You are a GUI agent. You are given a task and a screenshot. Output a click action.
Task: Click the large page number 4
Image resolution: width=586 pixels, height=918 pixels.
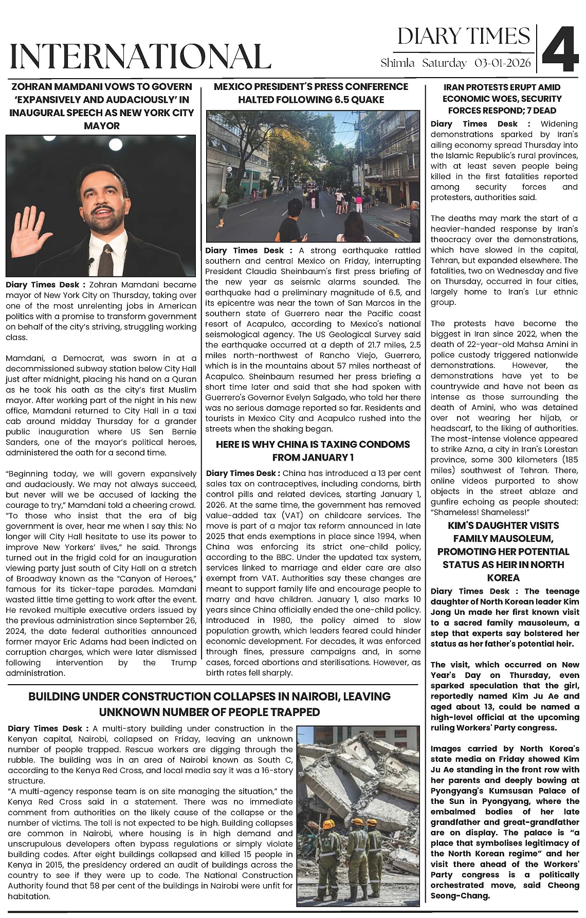click(561, 49)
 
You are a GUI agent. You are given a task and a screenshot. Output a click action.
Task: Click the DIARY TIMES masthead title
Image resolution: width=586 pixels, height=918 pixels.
click(463, 36)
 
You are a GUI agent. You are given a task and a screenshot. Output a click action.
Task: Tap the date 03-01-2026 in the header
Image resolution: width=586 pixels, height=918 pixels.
click(503, 64)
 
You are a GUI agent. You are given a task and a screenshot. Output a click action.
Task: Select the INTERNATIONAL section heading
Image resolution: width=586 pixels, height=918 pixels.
click(140, 57)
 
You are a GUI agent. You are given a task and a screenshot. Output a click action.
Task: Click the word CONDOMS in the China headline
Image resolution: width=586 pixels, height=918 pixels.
click(386, 444)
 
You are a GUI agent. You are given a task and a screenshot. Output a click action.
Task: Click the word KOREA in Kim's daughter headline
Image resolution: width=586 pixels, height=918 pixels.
click(503, 577)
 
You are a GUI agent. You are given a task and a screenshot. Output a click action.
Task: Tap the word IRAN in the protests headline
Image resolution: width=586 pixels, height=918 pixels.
click(454, 87)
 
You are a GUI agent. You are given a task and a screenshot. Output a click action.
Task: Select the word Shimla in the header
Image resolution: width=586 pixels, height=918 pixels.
click(397, 64)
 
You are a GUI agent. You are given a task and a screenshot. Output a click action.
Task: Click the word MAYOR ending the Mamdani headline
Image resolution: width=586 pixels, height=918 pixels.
click(101, 125)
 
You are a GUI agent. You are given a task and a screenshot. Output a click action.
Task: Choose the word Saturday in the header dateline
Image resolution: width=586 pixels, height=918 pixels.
click(444, 64)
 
